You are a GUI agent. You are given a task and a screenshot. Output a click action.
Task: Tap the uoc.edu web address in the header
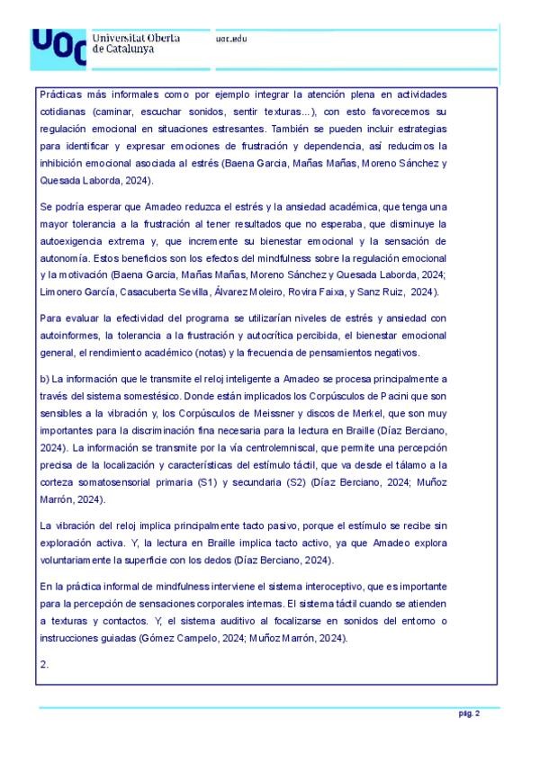[x=231, y=39]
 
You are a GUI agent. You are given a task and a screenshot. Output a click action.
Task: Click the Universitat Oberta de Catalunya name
[x=136, y=43]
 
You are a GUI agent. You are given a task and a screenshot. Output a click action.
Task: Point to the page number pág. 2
[x=469, y=714]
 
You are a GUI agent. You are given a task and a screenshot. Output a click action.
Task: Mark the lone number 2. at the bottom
[x=44, y=664]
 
